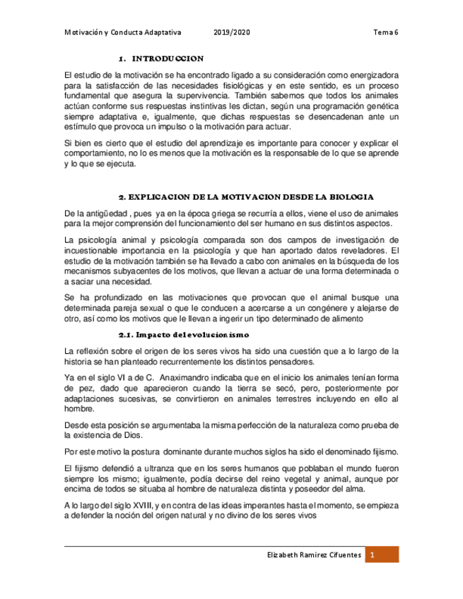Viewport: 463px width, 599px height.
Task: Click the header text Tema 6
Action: click(x=386, y=32)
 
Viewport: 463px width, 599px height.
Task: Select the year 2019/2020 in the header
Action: click(x=230, y=32)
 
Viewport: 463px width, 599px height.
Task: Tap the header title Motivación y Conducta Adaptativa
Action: click(x=123, y=32)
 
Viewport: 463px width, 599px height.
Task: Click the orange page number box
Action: click(x=382, y=557)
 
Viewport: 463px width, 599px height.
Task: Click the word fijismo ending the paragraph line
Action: click(x=383, y=451)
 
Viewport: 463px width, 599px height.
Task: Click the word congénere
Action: click(x=324, y=309)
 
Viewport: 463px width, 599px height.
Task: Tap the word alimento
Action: click(x=348, y=319)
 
